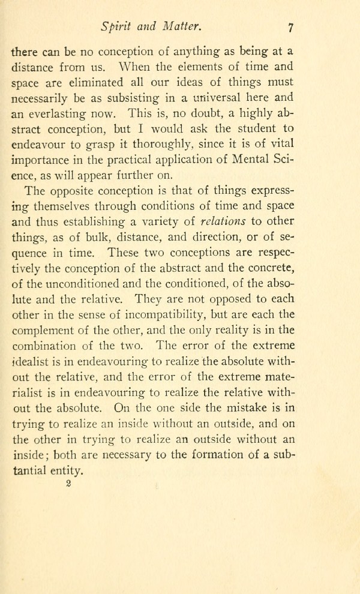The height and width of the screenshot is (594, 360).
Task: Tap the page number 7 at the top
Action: click(x=290, y=27)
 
